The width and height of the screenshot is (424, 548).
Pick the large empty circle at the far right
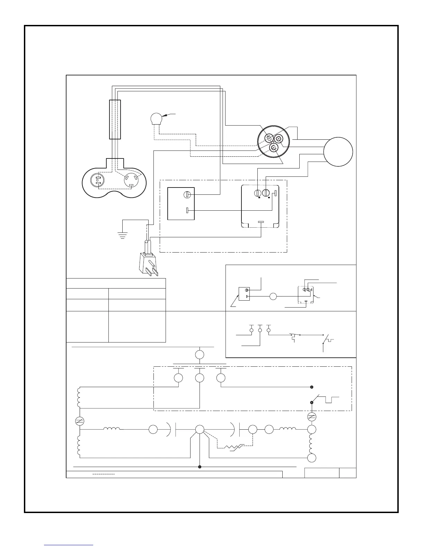coord(338,152)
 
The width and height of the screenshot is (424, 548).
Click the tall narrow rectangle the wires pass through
coord(115,119)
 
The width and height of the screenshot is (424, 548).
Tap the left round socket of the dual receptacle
coord(98,182)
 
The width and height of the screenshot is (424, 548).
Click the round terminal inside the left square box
coord(186,195)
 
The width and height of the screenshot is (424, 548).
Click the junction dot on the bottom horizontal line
coord(200,467)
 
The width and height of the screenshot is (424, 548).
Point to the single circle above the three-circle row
coord(200,355)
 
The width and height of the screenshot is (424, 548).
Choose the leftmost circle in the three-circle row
coord(178,378)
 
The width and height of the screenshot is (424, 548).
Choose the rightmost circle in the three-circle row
coord(221,378)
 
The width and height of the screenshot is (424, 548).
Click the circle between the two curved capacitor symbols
coord(200,430)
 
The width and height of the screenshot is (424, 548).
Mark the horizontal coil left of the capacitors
coord(112,429)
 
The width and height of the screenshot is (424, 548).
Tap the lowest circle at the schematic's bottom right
coord(312,458)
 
